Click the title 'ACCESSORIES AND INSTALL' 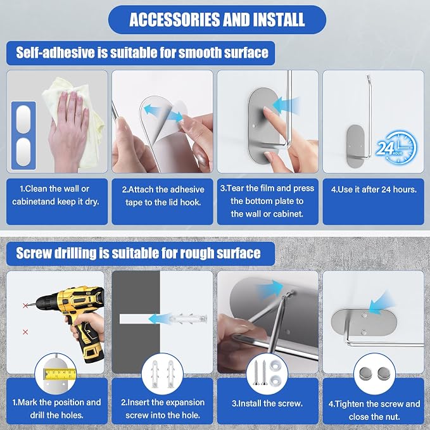click(217, 20)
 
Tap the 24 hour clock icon click(396, 148)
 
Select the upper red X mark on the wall click(25, 305)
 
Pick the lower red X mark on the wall click(25, 332)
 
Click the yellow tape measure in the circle click(60, 374)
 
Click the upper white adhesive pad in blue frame click(23, 119)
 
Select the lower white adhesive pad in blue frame click(23, 151)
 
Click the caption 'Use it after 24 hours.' click(374, 189)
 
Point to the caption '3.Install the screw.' click(267, 403)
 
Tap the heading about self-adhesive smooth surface click(142, 53)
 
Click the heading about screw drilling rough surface click(138, 253)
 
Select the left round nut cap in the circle click(365, 374)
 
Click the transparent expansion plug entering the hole click(189, 319)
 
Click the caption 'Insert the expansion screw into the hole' click(163, 408)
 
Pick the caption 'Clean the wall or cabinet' click(54, 195)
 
